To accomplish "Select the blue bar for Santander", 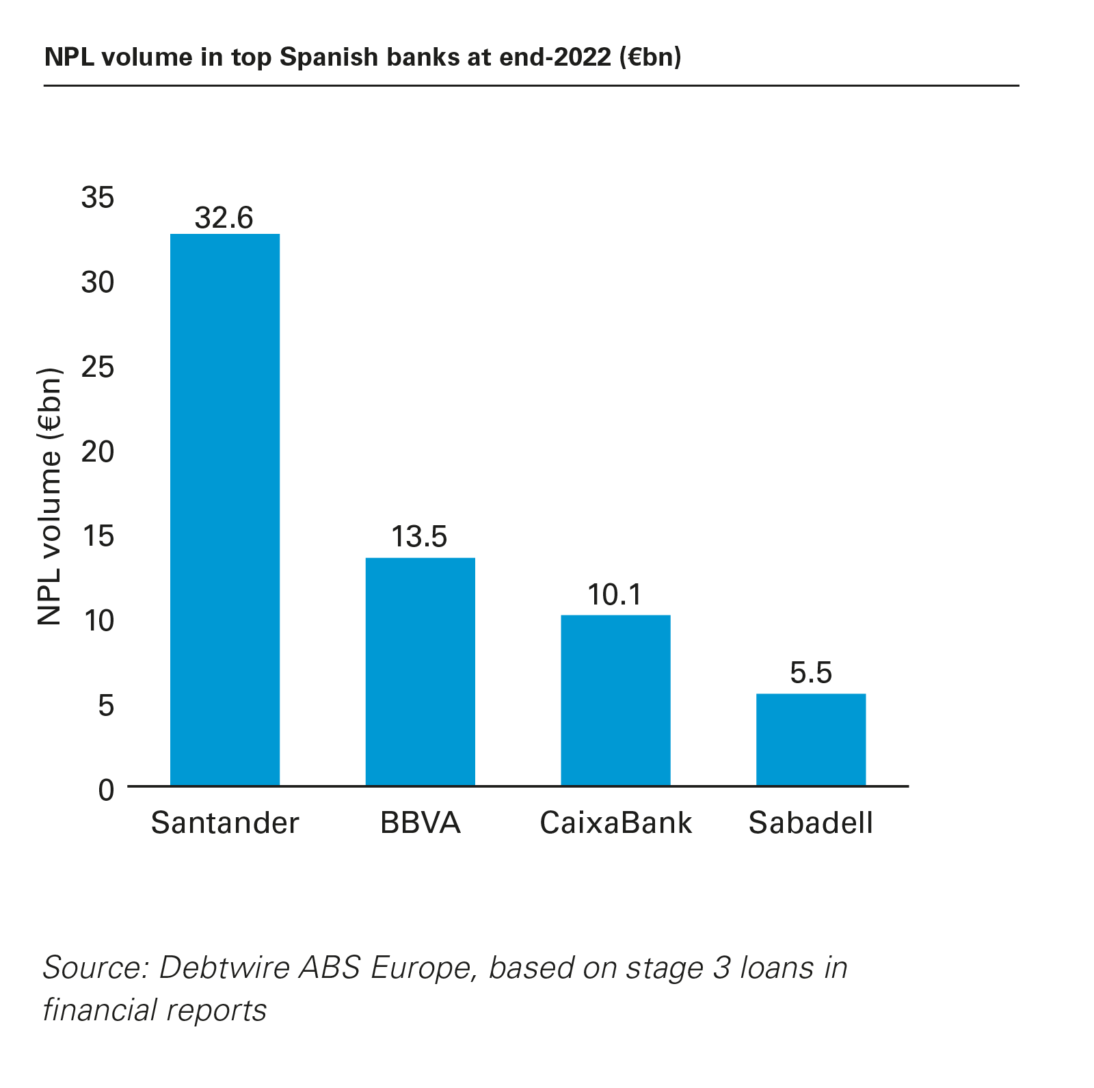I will tap(224, 509).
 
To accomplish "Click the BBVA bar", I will tap(420, 672).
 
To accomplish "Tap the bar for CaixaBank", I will tap(615, 700).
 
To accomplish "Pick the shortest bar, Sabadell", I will tap(810, 739).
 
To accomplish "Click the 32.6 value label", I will tap(224, 218).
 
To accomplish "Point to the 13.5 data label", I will tap(419, 538).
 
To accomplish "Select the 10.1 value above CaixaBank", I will tap(615, 595).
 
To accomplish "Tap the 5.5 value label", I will tap(810, 674).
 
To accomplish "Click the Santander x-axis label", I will tap(225, 823).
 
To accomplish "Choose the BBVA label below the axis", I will tap(420, 823).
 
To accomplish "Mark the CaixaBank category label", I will tap(615, 823).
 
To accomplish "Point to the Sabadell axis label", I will tap(810, 823).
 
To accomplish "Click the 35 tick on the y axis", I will tap(98, 198).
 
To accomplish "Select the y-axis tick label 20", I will tap(98, 452).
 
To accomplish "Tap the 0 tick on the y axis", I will tap(106, 791).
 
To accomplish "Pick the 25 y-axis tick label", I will tap(98, 368).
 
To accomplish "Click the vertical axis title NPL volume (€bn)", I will tap(50, 497).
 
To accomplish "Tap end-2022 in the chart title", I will tap(555, 57).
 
